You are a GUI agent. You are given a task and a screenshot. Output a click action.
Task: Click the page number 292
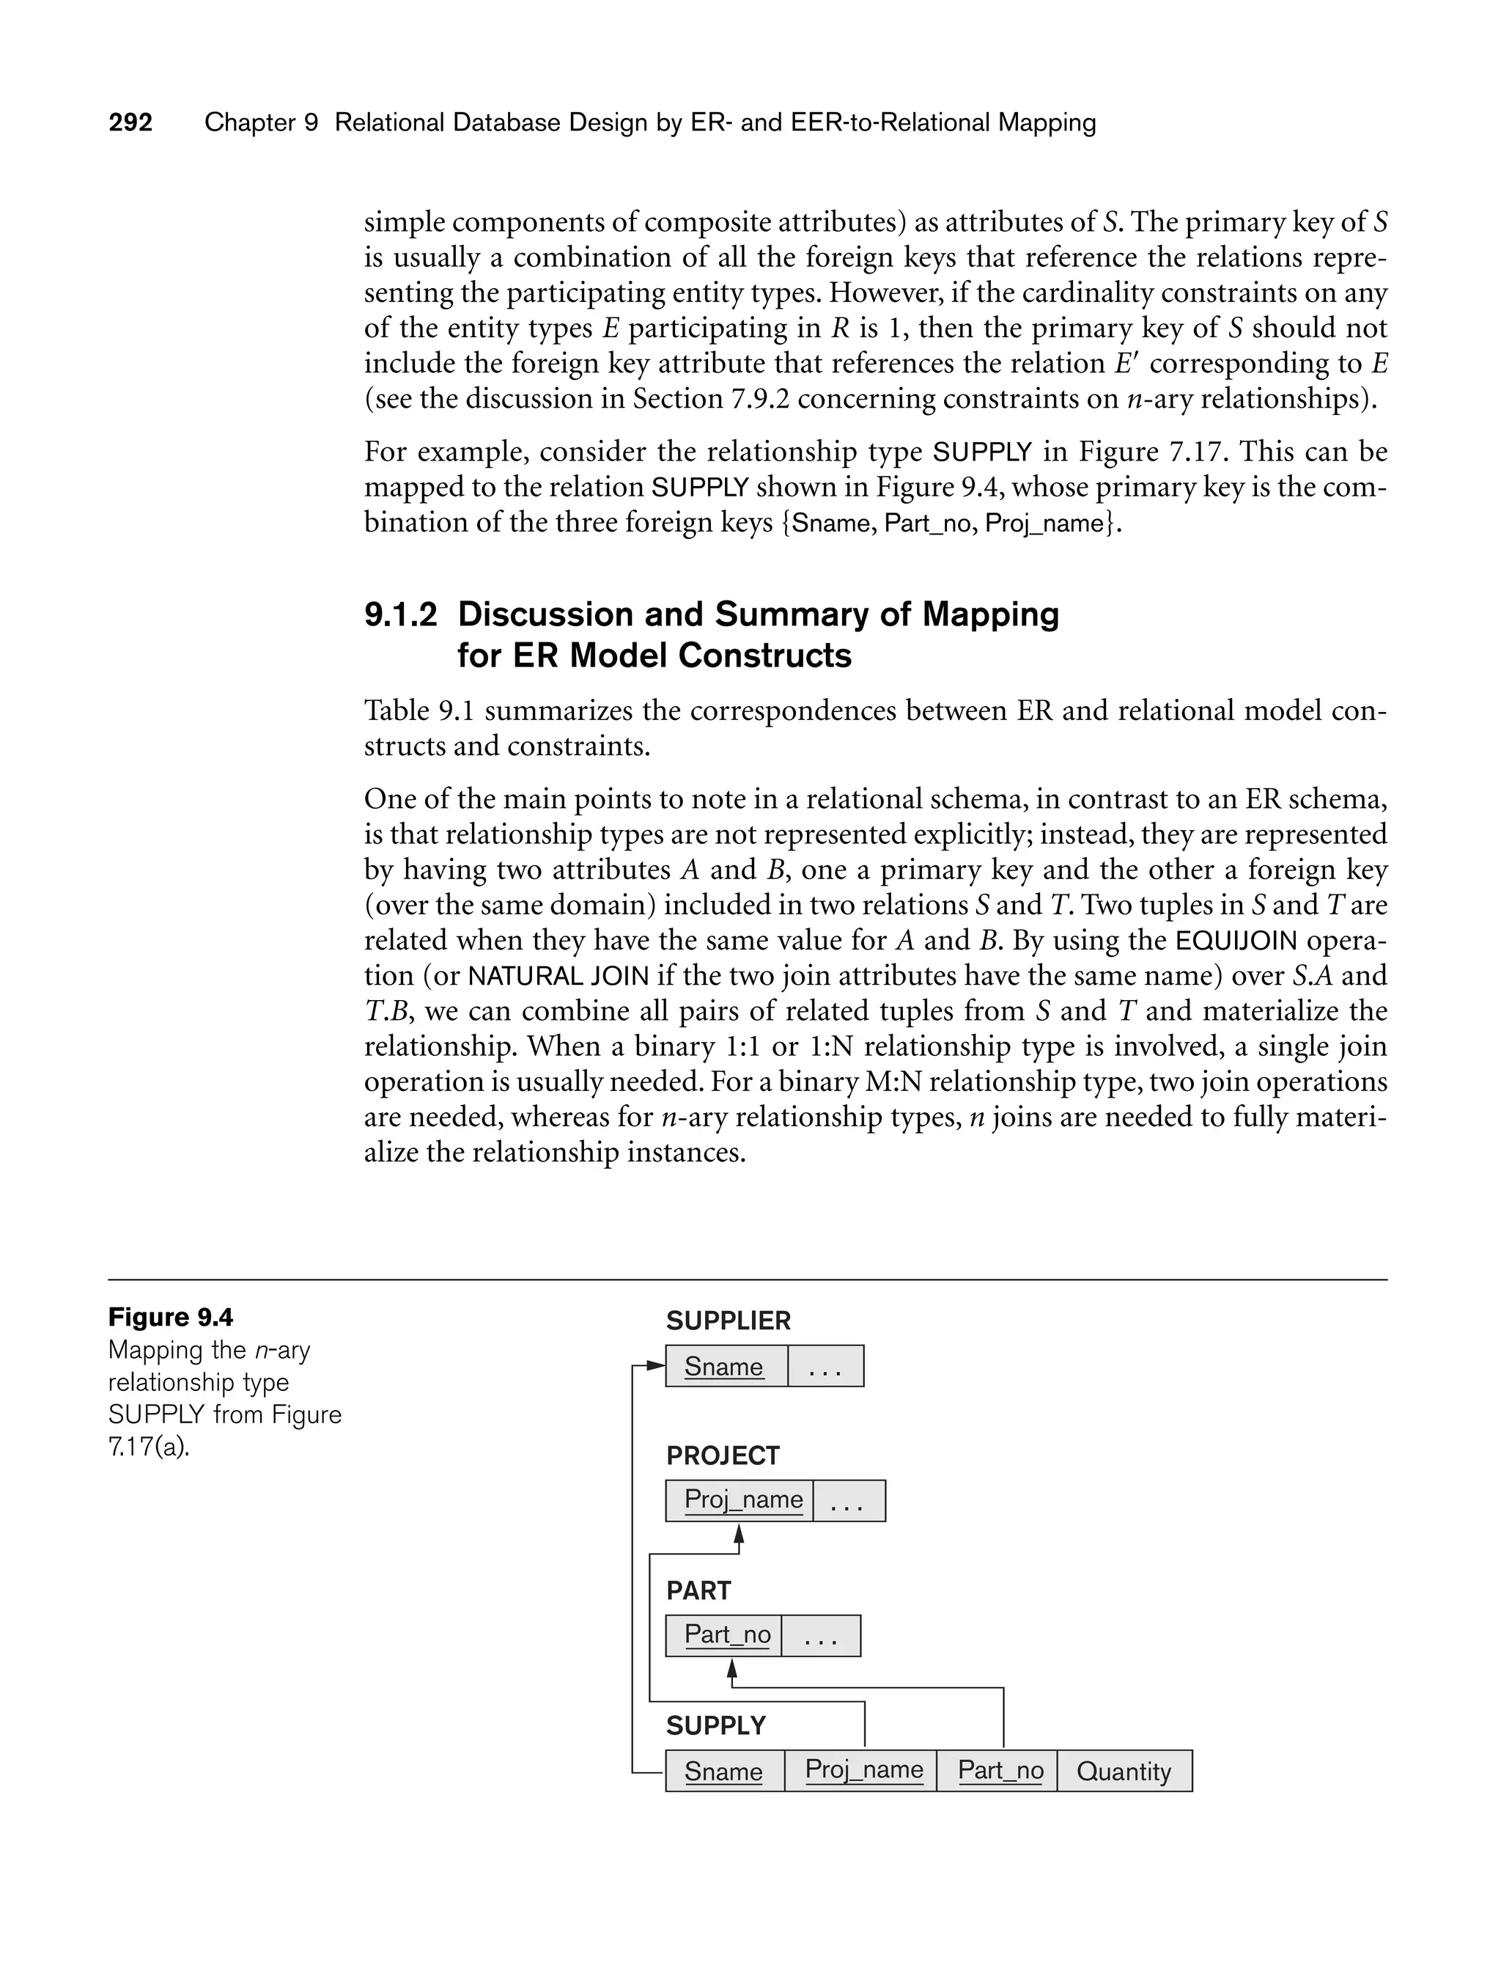click(x=130, y=122)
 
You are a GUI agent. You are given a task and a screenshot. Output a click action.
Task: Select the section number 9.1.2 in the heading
click(x=400, y=615)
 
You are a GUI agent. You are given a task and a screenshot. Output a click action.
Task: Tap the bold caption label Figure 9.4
click(x=171, y=1318)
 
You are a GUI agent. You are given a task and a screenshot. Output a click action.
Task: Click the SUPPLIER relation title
click(x=729, y=1321)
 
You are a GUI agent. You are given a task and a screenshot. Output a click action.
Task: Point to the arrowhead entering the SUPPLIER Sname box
click(x=657, y=1367)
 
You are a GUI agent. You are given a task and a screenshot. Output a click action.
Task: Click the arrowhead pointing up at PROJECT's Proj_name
click(x=739, y=1534)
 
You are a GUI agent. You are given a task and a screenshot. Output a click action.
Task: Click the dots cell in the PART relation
click(x=820, y=1636)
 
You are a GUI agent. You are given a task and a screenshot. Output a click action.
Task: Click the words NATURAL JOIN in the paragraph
click(x=558, y=976)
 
